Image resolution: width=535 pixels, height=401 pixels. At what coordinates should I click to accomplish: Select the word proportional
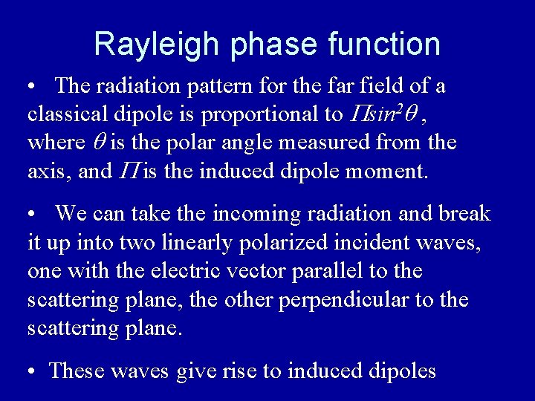pyautogui.click(x=257, y=115)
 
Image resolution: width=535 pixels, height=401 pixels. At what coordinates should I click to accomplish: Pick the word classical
pyautogui.click(x=65, y=114)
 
